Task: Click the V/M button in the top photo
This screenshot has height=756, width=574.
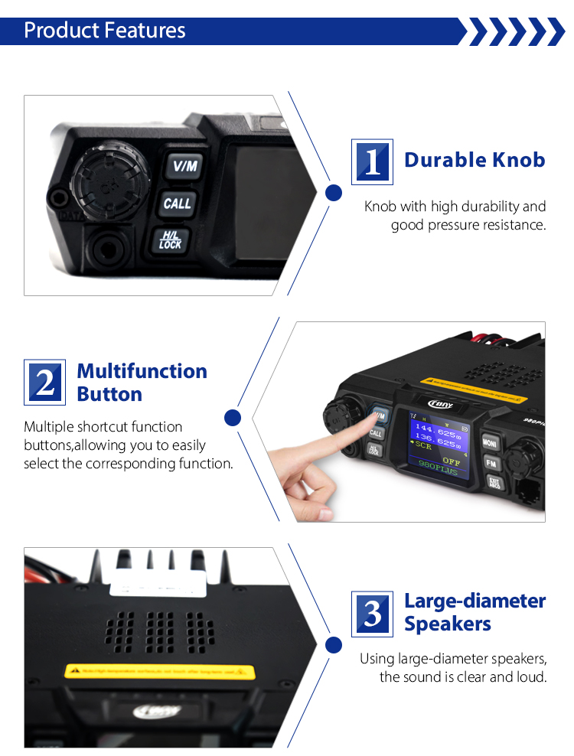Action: tap(184, 165)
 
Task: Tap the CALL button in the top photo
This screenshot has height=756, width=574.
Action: tap(178, 204)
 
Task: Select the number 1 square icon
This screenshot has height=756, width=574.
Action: tap(372, 162)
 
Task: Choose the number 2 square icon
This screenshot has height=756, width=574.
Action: tap(45, 382)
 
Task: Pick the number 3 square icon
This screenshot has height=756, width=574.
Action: tap(372, 614)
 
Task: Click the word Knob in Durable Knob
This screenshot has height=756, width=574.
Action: tap(510, 160)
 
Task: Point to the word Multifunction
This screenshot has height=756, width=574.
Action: tap(142, 371)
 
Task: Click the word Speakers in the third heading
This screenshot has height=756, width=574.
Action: tap(448, 624)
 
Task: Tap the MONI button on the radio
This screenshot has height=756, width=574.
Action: tap(491, 442)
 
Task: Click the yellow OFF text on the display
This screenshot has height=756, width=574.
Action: tap(451, 461)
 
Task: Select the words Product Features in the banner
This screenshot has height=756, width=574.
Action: tap(105, 31)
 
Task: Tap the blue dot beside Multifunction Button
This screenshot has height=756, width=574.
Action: tap(233, 418)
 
